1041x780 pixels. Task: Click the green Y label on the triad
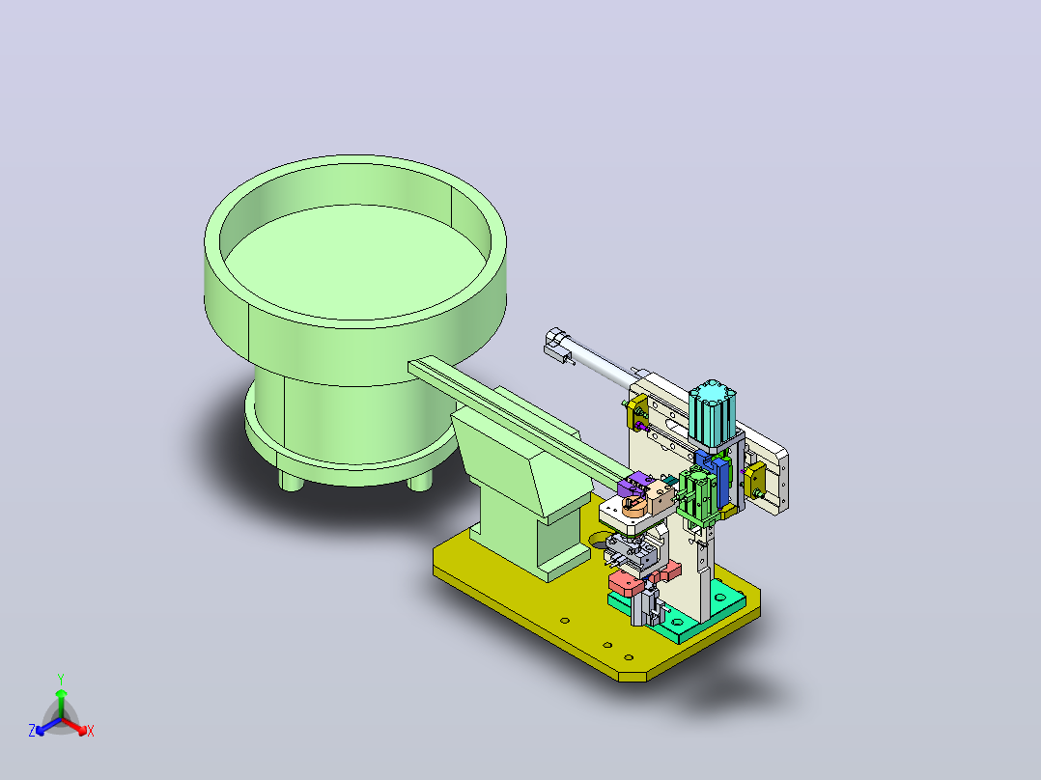61,679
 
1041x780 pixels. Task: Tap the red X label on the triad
91,731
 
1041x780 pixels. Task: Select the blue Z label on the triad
32,730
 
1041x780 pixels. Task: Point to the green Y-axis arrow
61,703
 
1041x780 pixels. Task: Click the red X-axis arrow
74,726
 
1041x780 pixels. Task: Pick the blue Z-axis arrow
48,726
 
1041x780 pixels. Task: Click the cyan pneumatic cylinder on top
713,413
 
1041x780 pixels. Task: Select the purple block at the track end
635,484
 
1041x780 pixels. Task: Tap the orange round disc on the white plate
634,508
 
